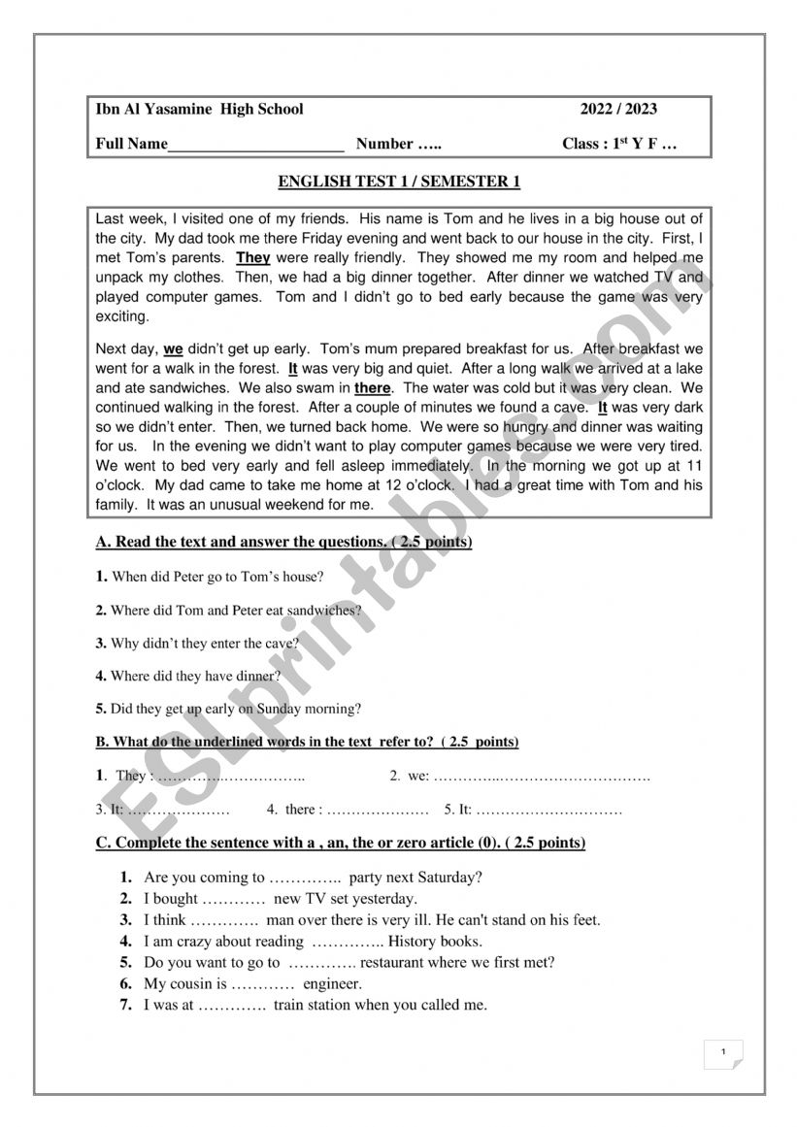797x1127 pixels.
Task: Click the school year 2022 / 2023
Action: (618, 110)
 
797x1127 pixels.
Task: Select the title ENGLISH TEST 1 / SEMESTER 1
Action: (399, 182)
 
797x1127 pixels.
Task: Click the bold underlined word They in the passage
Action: (253, 258)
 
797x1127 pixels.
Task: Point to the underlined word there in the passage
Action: (372, 388)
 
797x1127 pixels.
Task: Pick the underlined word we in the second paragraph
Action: (173, 348)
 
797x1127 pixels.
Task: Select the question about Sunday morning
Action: (228, 709)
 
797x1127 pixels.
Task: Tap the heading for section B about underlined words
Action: (307, 742)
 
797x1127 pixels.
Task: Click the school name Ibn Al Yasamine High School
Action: (199, 110)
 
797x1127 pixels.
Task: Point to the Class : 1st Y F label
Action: (619, 145)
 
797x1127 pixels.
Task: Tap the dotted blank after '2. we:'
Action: (542, 777)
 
